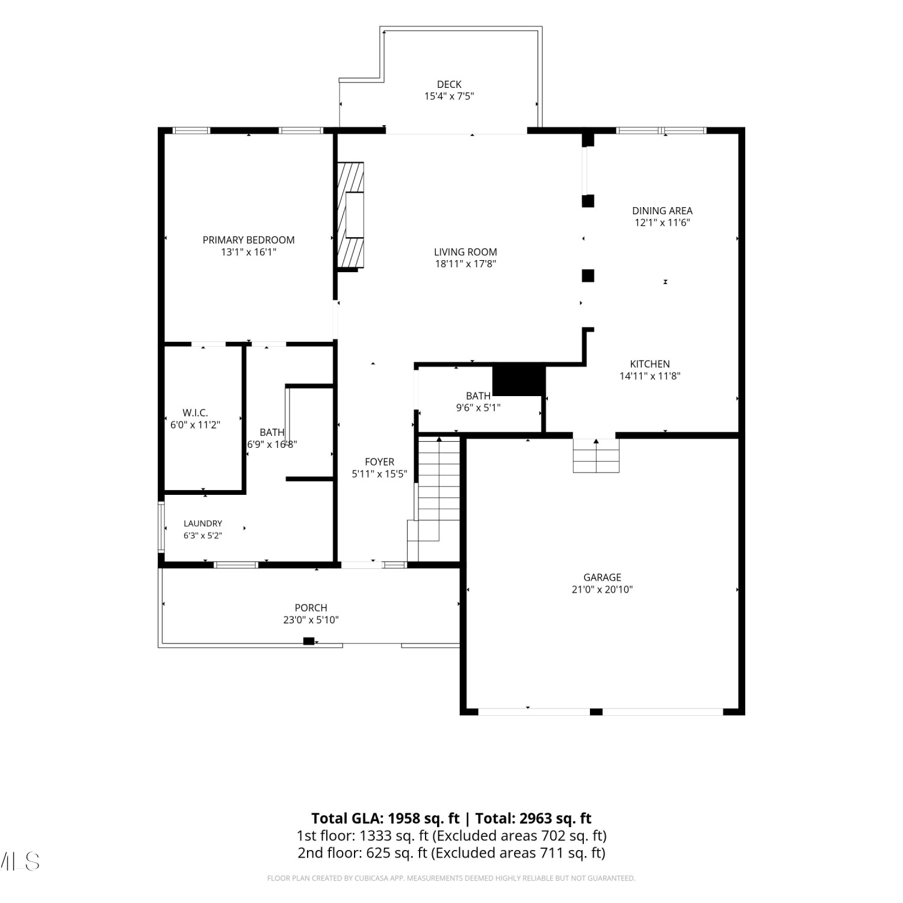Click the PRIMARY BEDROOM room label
click(249, 240)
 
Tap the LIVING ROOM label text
click(465, 252)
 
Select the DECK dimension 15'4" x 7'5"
click(449, 96)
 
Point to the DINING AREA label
click(662, 211)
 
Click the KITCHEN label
click(650, 364)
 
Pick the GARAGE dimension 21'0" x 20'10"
click(602, 590)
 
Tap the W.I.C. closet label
click(195, 413)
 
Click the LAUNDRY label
click(203, 524)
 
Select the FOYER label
click(379, 462)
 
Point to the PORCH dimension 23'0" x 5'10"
click(311, 620)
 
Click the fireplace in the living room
click(350, 216)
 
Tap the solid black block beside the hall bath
click(519, 380)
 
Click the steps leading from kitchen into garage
click(596, 456)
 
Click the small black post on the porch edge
click(309, 641)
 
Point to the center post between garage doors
click(596, 712)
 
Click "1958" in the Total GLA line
click(403, 819)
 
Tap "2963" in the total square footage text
click(536, 819)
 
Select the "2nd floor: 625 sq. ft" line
click(362, 853)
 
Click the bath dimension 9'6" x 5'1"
click(478, 408)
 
